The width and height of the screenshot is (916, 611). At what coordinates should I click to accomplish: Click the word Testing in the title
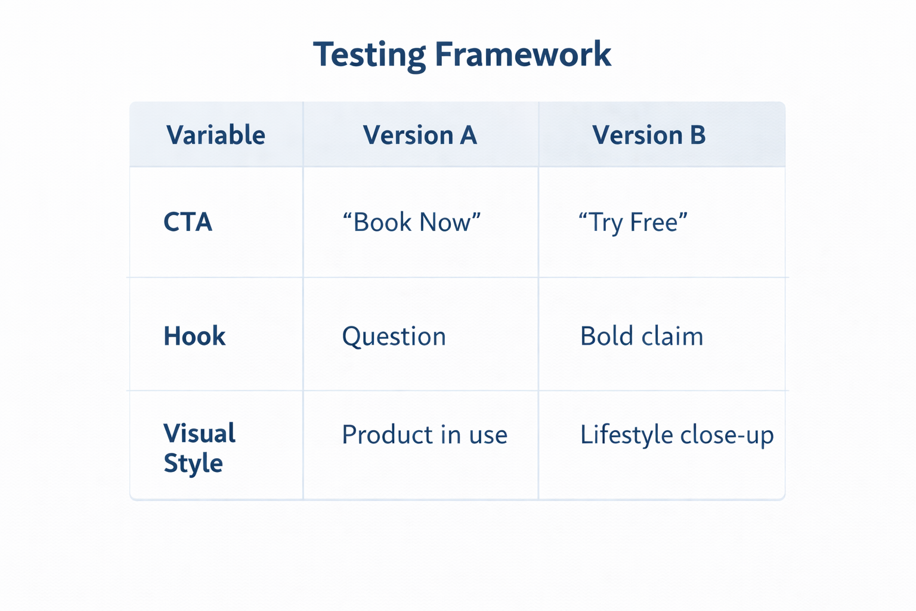(369, 55)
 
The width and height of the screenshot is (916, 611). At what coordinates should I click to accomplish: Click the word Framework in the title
(522, 55)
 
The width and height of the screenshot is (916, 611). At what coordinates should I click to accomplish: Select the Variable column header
(215, 135)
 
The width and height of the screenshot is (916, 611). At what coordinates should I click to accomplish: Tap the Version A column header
(420, 135)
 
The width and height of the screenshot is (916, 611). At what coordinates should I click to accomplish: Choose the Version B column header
(648, 135)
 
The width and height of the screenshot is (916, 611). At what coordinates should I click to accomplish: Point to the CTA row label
(188, 223)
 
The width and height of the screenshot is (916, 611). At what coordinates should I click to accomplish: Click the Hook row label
(194, 337)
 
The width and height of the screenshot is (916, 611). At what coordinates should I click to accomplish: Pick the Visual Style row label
(199, 448)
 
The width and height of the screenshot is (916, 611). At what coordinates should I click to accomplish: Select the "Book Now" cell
(411, 223)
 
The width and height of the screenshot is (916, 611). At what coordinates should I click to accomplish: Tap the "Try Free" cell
(633, 223)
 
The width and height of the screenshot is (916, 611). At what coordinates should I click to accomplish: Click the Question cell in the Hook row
(394, 337)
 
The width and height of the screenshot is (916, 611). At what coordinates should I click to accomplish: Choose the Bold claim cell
(642, 337)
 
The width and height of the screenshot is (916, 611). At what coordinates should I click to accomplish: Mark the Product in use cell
(424, 435)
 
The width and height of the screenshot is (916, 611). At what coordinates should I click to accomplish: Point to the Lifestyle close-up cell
(677, 435)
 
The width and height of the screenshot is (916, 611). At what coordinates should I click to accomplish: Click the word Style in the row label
(193, 464)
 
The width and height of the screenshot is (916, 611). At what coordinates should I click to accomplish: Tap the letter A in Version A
(468, 135)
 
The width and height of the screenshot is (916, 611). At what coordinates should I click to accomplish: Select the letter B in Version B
(697, 135)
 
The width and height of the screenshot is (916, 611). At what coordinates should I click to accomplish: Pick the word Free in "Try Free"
(654, 223)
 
